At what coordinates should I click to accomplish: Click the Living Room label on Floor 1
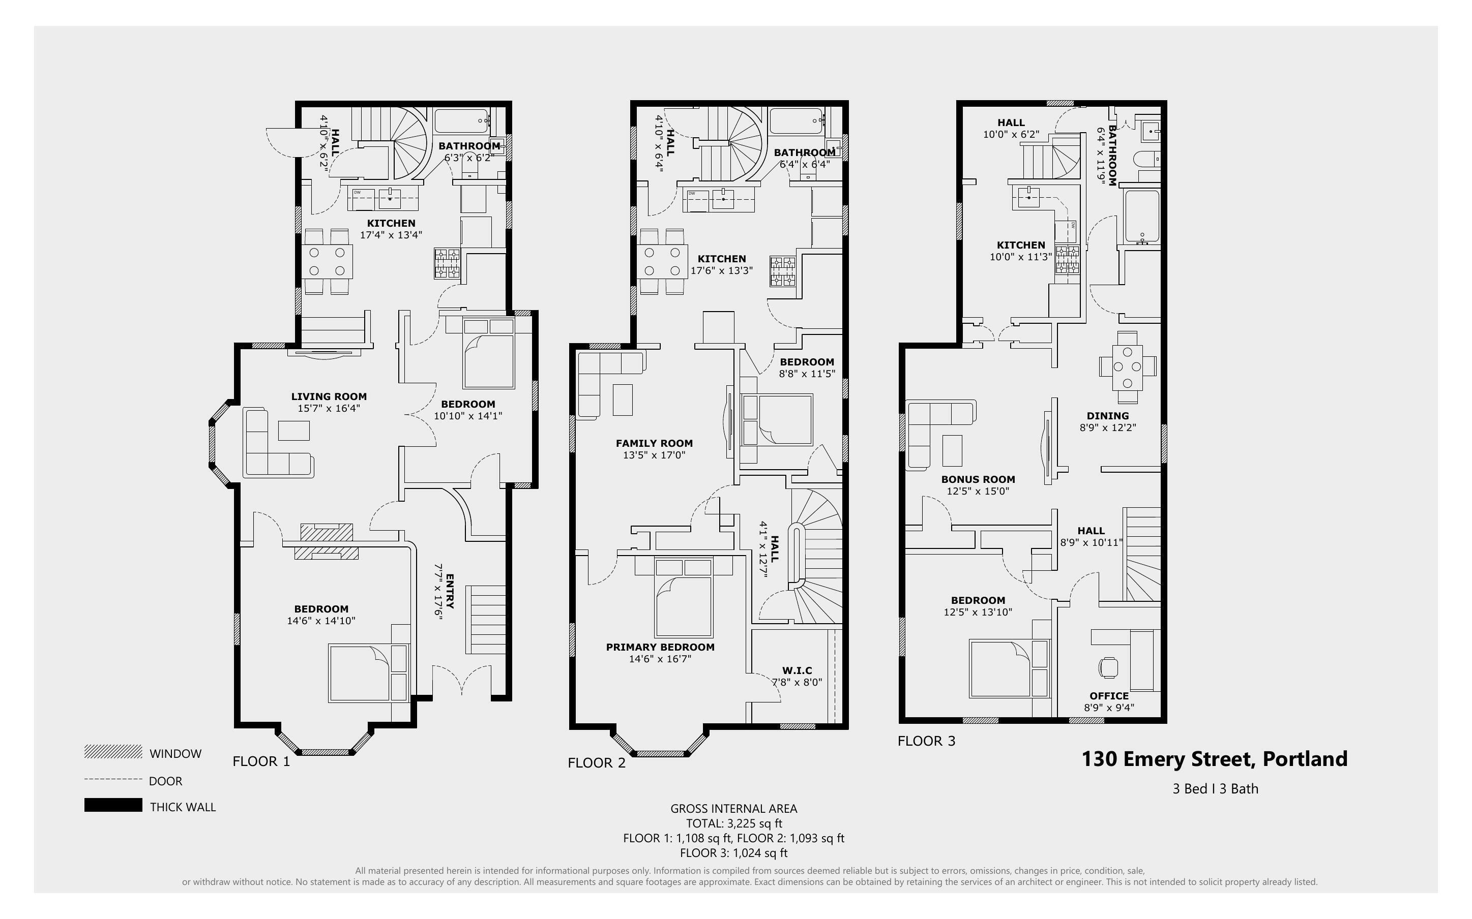coord(329,397)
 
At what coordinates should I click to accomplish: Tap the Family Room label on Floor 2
coord(654,444)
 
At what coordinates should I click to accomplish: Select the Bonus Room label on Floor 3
coord(978,479)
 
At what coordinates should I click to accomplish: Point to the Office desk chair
coord(1108,667)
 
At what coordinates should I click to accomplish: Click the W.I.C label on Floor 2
coord(797,670)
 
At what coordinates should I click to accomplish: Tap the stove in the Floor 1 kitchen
coord(447,264)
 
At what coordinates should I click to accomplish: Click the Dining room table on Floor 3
coord(1127,367)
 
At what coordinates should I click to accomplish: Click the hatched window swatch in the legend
coord(113,752)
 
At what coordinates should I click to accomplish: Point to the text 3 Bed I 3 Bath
coord(1215,789)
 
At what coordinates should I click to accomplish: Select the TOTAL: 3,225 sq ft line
coord(734,823)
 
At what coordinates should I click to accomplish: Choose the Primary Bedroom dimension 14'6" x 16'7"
coord(660,659)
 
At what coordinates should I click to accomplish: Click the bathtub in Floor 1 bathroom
coord(461,121)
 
